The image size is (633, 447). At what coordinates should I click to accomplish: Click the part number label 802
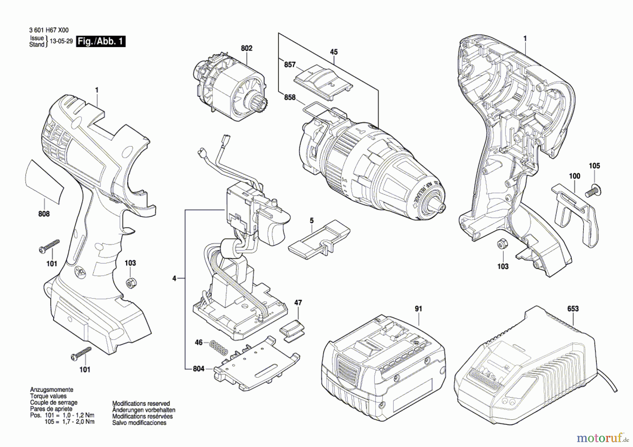247,48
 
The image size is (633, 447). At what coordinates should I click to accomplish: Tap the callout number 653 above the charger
573,309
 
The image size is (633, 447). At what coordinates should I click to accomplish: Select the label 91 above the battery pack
418,309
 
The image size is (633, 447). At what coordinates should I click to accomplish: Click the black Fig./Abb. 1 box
101,41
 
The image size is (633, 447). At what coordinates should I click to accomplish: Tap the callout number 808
44,214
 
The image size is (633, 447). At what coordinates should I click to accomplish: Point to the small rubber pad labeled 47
293,330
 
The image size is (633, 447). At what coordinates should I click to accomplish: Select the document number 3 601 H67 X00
49,31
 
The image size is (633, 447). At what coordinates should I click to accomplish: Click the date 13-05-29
61,41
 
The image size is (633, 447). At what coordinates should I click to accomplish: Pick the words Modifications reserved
141,404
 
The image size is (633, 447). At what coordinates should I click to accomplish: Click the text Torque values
48,396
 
